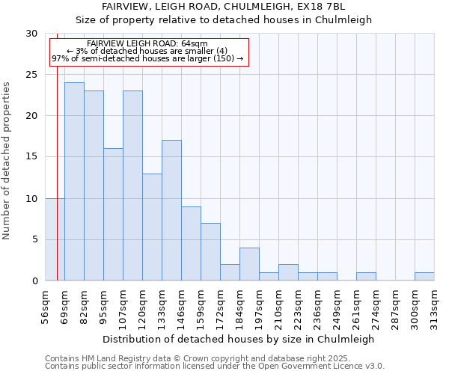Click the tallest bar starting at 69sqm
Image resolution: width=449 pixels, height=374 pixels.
pos(74,182)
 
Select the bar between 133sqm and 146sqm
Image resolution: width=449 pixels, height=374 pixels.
pos(171,210)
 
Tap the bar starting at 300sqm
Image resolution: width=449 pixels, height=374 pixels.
pos(424,276)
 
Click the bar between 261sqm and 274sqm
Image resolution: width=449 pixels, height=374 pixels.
pos(366,276)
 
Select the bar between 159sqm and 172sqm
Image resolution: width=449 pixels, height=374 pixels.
pos(210,251)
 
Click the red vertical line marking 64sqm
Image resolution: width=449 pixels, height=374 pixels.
pos(57,150)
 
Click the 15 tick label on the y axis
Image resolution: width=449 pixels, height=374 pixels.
pos(31,157)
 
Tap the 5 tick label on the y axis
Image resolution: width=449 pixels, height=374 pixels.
pos(34,239)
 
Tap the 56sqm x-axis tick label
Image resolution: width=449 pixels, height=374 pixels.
pos(45,305)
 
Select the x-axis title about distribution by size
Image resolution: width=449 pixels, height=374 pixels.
pos(238,339)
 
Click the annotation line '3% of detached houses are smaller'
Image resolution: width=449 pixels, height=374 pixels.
pos(147,51)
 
